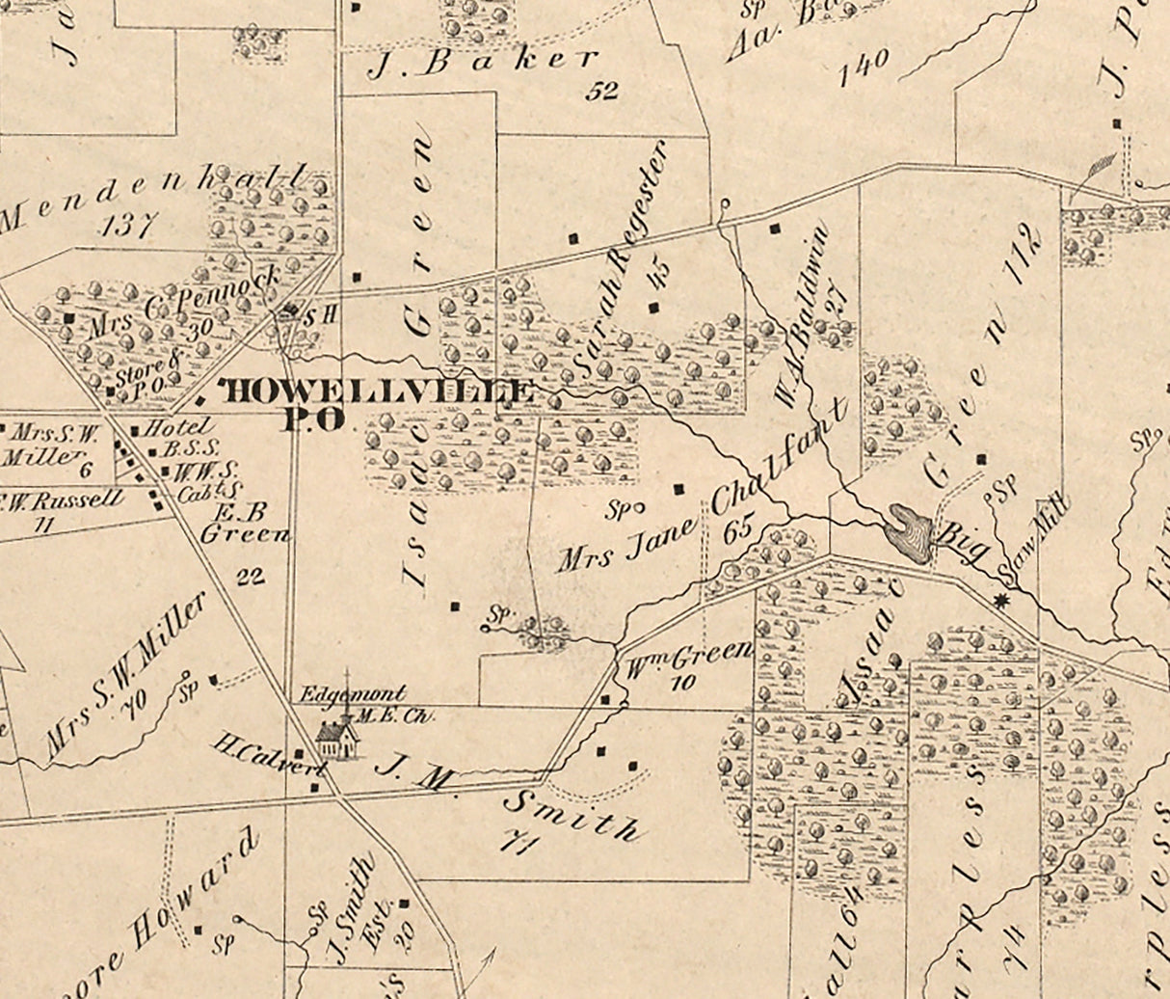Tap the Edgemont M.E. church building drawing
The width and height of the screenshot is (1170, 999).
coord(336,740)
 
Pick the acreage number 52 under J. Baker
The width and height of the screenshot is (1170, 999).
coord(602,92)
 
